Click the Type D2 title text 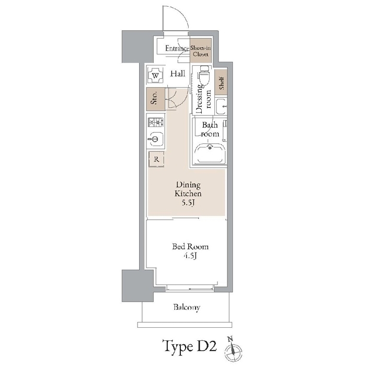[x=189, y=346]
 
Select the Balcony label [x=187, y=307]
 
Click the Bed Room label [x=190, y=247]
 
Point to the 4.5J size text [x=190, y=256]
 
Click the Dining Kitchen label [x=188, y=189]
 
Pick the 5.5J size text [x=188, y=203]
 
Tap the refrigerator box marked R [x=156, y=159]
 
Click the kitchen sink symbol [x=155, y=139]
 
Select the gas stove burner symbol [x=156, y=122]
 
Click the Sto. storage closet [x=155, y=99]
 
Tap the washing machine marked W [x=155, y=75]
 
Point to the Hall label [x=178, y=74]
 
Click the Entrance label [x=177, y=48]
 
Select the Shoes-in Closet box [x=201, y=51]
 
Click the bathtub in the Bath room [x=210, y=154]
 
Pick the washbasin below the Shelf [x=221, y=107]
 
